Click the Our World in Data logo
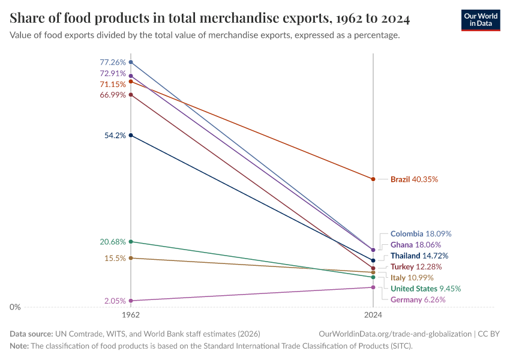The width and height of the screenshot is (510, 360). [x=480, y=20]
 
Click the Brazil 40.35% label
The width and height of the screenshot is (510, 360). [x=414, y=179]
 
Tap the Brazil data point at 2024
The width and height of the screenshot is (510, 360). [x=373, y=179]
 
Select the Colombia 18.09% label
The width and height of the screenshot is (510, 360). [x=421, y=233]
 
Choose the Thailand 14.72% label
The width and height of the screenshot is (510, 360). [x=419, y=256]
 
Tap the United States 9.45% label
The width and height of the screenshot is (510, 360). [x=425, y=289]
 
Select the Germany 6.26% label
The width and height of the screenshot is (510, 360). [x=418, y=299]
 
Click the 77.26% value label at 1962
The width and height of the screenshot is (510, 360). [x=113, y=62]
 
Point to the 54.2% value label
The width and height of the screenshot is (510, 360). [x=115, y=136]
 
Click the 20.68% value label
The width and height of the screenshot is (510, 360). [x=113, y=242]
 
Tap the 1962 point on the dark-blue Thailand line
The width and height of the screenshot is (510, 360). [x=131, y=136]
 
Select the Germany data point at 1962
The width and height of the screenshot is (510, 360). [x=131, y=301]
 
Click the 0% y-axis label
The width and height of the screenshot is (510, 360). [x=15, y=307]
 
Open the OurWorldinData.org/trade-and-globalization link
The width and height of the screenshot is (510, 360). [x=395, y=334]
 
